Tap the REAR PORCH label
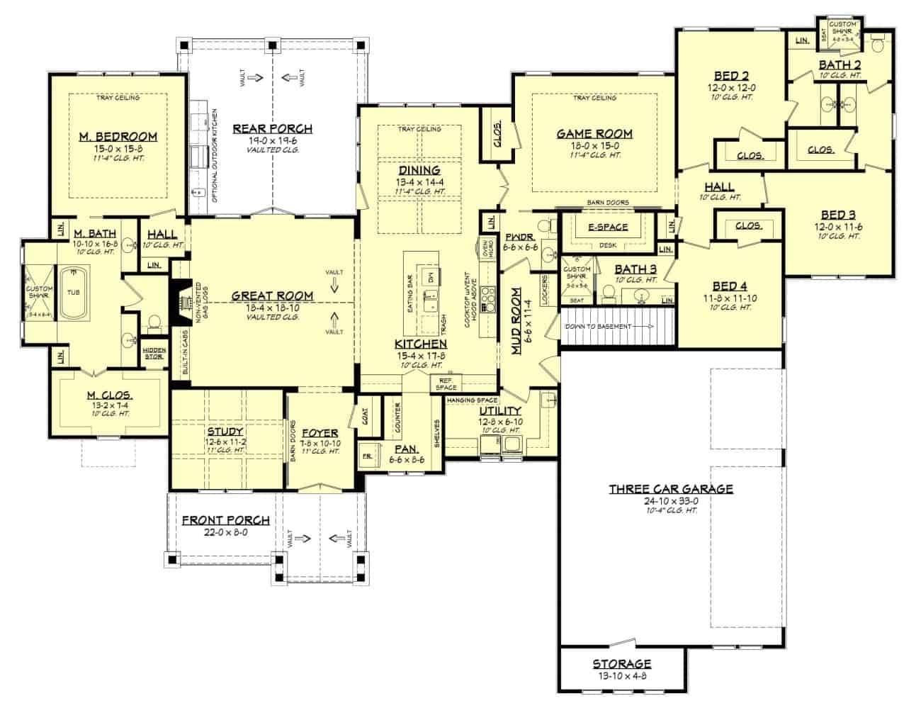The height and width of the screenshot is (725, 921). coord(272,128)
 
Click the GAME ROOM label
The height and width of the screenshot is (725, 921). coord(594,133)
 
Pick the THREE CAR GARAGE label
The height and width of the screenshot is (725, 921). coord(671,489)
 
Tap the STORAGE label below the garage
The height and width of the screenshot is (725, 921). coord(621,664)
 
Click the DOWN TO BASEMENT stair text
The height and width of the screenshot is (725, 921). coord(597,327)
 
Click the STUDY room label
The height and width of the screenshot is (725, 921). coord(225,431)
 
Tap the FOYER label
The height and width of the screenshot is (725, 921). coord(319,433)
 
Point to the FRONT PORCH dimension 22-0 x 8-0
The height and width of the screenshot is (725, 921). coord(225,532)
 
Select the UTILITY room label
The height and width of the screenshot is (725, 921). coord(500,411)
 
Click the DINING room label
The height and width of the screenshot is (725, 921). coord(419,170)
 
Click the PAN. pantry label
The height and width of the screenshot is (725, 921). coord(407,449)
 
